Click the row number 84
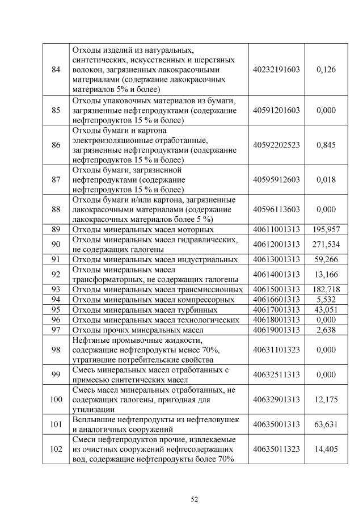[x=56, y=69]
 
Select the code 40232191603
[x=277, y=69]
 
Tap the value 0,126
[x=326, y=69]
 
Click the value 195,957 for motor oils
[x=326, y=229]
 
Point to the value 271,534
[x=326, y=245]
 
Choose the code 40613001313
[x=277, y=259]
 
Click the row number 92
[x=56, y=274]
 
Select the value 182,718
[x=326, y=289]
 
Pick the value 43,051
[x=326, y=309]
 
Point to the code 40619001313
[x=277, y=330]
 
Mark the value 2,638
[x=326, y=330]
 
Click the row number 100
[x=56, y=400]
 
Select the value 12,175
[x=326, y=400]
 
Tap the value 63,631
[x=326, y=424]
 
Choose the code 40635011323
[x=277, y=449]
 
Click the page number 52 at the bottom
[x=194, y=499]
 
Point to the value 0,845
[x=326, y=145]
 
